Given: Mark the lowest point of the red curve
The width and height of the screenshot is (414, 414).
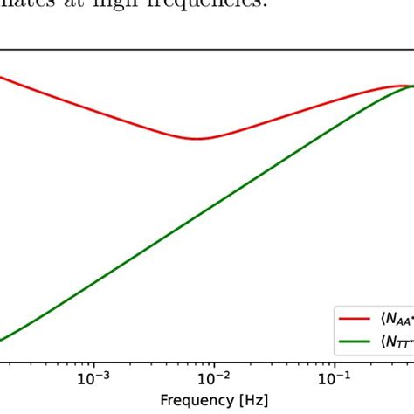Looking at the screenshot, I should pyautogui.click(x=200, y=139).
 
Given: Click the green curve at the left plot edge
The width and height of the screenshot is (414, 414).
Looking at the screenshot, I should pyautogui.click(x=2, y=340).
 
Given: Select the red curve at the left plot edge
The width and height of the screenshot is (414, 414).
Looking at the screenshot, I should pyautogui.click(x=2, y=77).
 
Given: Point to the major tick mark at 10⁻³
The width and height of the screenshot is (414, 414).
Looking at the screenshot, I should pyautogui.click(x=92, y=361).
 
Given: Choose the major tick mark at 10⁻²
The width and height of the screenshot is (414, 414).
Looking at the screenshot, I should pyautogui.click(x=212, y=361).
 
